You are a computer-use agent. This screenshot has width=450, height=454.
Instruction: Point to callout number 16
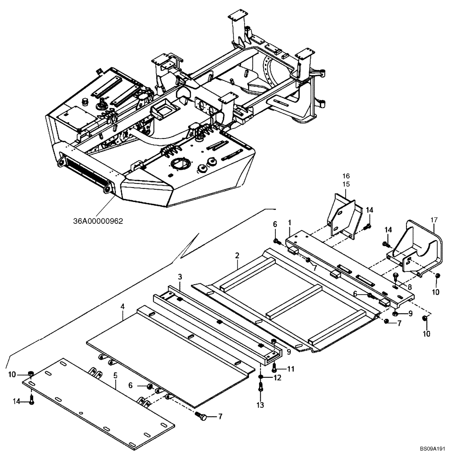(x=346, y=176)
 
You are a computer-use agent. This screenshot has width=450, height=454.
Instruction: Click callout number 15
(x=346, y=184)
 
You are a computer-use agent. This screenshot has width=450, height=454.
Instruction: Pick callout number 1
(x=289, y=223)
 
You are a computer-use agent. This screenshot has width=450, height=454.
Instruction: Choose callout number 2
(x=237, y=256)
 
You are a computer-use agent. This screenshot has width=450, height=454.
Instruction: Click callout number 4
(x=122, y=306)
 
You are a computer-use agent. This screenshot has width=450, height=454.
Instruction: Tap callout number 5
(x=115, y=376)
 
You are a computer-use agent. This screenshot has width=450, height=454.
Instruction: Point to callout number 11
(x=290, y=369)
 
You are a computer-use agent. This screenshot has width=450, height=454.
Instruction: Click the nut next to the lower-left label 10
(x=30, y=374)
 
